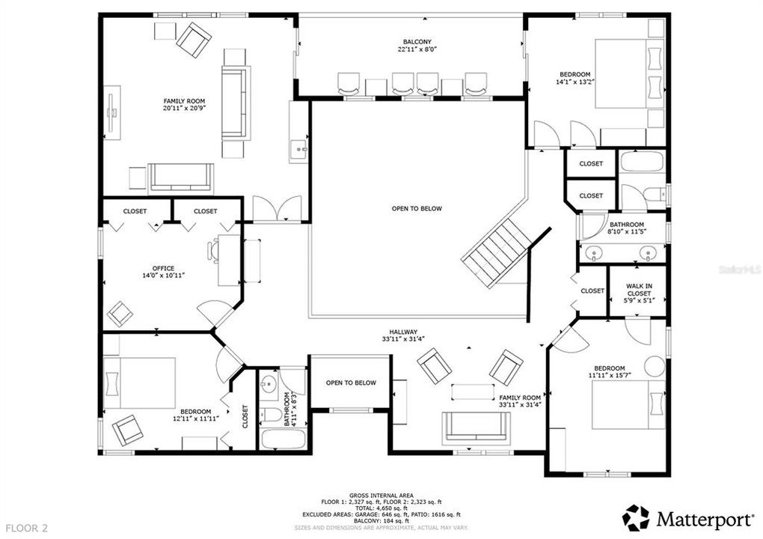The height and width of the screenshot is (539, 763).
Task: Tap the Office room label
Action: pos(163,269)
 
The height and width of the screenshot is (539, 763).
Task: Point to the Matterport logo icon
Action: pos(635,517)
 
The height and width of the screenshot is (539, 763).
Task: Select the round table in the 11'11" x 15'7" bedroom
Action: pos(655,367)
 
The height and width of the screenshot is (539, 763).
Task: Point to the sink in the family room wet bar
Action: pos(299,150)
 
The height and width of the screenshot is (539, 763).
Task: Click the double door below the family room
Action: pos(278,210)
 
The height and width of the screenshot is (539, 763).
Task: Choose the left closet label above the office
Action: pos(135,211)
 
